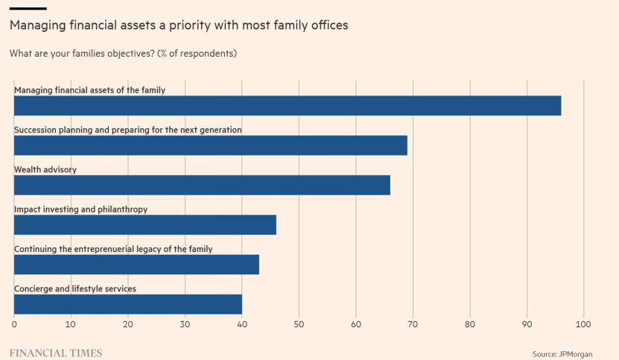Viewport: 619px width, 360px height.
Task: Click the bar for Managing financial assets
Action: point(288,106)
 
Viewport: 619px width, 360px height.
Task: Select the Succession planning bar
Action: point(211,145)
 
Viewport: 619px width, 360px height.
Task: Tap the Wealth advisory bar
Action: point(202,185)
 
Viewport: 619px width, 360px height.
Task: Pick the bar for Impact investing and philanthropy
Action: point(145,225)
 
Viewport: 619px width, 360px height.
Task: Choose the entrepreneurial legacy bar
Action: point(136,265)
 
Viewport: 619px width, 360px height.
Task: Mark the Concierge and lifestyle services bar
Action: point(128,304)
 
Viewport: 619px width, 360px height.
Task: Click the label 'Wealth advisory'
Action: point(45,170)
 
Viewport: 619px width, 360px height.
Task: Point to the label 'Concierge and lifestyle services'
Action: point(75,288)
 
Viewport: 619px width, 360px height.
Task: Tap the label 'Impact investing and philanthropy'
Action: point(81,209)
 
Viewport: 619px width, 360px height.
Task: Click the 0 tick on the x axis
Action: point(14,324)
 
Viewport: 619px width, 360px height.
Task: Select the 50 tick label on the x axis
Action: point(299,324)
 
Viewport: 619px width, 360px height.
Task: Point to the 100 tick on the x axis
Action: point(583,324)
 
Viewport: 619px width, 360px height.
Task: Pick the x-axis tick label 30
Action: point(185,324)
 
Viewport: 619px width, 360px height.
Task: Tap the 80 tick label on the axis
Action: point(470,324)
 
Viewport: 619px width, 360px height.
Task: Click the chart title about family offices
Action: point(179,25)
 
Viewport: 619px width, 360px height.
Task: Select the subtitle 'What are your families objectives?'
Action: point(123,54)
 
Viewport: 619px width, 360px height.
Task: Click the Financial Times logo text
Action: point(55,352)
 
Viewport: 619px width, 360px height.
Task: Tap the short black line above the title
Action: point(28,9)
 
